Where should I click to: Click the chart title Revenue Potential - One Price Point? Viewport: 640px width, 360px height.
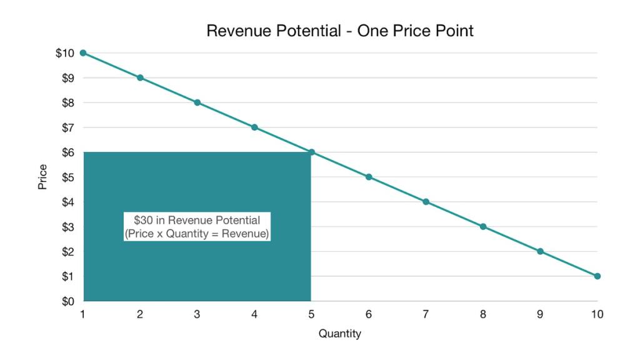pos(340,31)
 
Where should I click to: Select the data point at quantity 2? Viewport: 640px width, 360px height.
pos(140,78)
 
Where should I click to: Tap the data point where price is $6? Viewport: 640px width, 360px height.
pos(311,152)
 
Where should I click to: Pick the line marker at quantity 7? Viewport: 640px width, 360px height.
pos(426,202)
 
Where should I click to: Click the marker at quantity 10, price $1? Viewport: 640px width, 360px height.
pos(597,276)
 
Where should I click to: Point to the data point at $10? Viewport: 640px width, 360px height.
pos(83,53)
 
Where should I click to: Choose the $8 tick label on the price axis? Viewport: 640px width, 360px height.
pos(66,102)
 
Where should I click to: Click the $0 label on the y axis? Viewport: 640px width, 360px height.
pos(66,301)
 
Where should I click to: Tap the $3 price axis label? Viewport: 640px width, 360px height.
pos(66,227)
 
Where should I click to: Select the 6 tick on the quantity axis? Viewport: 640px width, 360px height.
pos(369,314)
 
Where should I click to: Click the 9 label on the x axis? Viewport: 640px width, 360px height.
pos(540,314)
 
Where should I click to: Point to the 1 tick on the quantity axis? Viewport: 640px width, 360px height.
pos(83,314)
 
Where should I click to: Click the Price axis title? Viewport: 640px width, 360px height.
pos(42,177)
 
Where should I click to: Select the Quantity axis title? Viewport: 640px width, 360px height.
pos(340,334)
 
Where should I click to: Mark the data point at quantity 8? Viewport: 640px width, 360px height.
pos(483,227)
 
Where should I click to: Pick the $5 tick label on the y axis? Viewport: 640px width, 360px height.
pos(66,177)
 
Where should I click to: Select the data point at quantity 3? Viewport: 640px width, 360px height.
pos(197,102)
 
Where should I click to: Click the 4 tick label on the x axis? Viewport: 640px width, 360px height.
pos(254,314)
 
